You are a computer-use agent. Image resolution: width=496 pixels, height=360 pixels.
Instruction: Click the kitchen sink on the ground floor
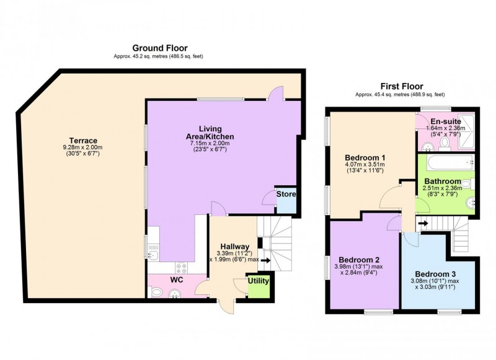153,253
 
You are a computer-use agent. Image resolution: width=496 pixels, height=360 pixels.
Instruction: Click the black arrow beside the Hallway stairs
265,261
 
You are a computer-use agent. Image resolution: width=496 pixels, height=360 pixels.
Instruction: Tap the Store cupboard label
286,194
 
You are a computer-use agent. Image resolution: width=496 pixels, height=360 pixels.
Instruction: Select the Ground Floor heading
159,48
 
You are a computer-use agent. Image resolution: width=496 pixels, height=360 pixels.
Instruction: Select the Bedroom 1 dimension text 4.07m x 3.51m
365,165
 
